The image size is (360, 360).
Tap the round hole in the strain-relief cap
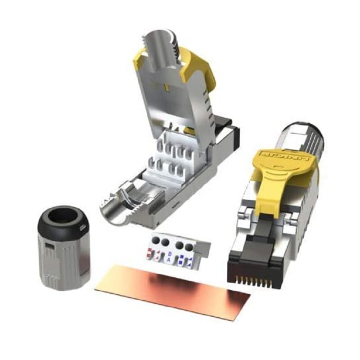(63, 216)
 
